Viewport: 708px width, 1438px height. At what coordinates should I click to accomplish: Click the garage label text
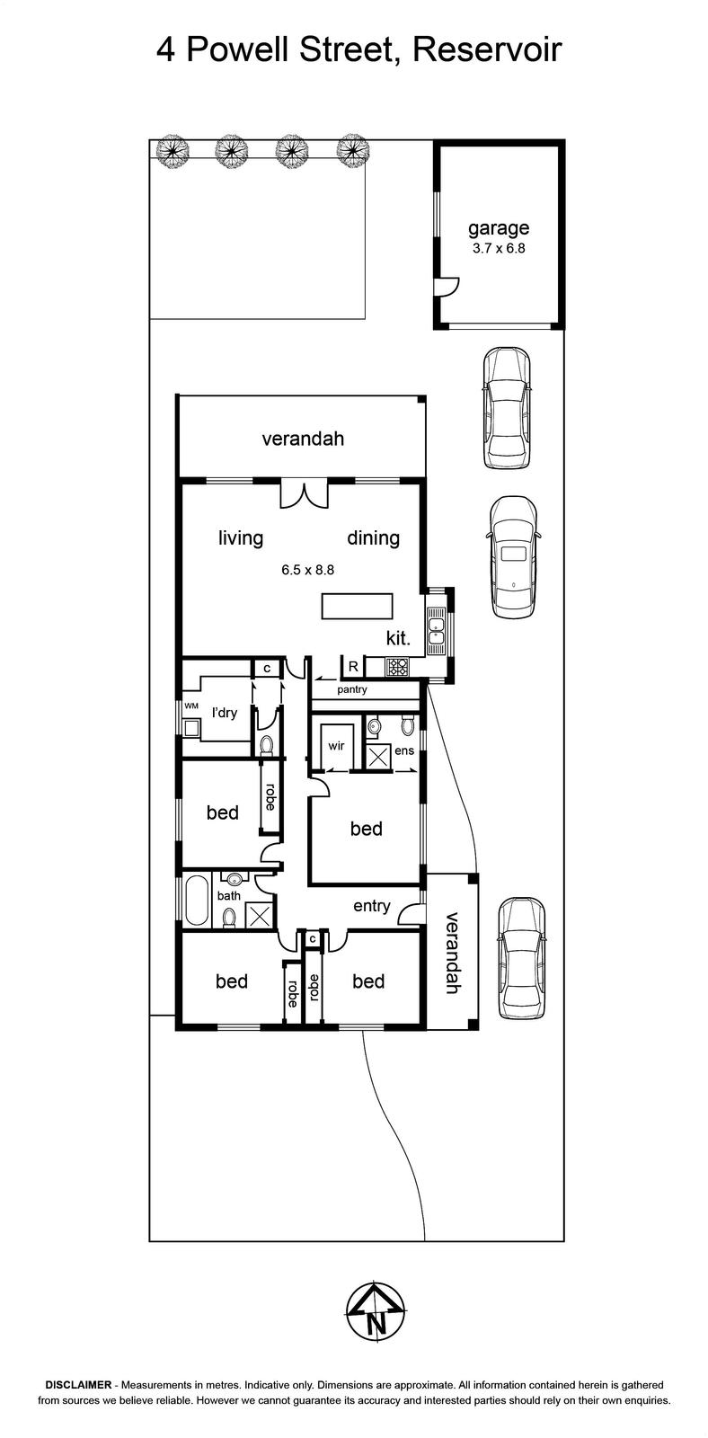(498, 228)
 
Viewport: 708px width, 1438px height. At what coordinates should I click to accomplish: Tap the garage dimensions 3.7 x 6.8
(499, 248)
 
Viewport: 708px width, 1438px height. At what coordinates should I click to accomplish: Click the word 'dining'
(373, 537)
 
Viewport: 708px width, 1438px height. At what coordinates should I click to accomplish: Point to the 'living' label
(241, 537)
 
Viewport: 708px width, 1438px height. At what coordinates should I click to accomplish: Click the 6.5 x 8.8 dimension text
(307, 570)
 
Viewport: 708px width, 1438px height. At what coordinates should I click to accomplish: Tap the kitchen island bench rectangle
(357, 607)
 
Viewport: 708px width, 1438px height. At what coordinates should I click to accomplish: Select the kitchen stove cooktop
(396, 667)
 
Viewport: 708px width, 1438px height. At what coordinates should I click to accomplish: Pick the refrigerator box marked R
(353, 666)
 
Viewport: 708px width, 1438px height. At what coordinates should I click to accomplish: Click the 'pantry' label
(351, 689)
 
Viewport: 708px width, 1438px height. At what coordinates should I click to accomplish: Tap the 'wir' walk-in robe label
(336, 745)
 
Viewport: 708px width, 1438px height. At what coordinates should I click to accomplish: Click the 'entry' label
(372, 906)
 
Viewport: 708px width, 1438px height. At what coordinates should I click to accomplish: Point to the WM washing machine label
(191, 706)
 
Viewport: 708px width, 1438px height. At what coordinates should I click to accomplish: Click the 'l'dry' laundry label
(225, 712)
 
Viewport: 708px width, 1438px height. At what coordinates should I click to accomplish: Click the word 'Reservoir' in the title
(488, 49)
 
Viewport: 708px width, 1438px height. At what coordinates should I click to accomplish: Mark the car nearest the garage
(507, 408)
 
